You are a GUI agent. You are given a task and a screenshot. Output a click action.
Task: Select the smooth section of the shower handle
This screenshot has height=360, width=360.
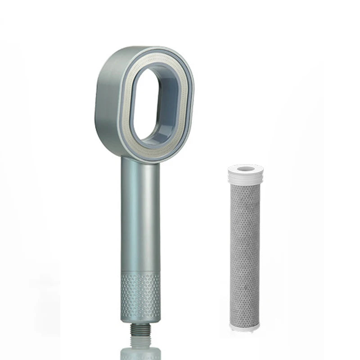point(140,216)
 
